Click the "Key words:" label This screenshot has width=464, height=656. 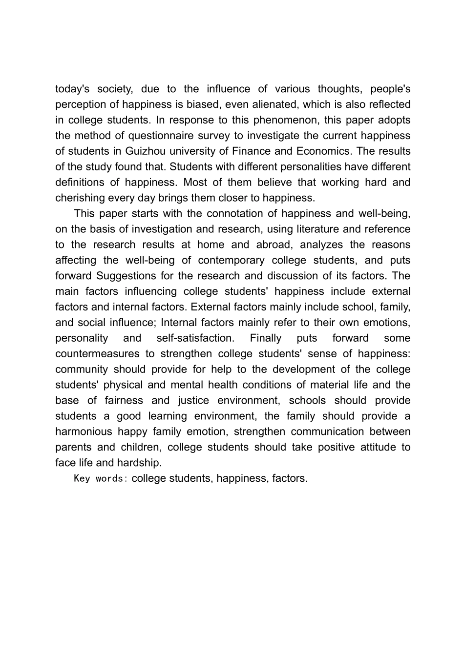pyautogui.click(x=101, y=478)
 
